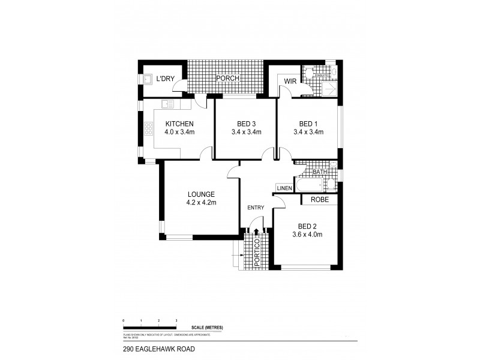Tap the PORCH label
[x=228, y=79]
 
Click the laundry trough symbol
[x=148, y=79]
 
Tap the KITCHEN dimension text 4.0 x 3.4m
[x=180, y=133]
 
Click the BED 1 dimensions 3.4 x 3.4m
[x=308, y=133]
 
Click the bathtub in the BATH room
[x=312, y=182]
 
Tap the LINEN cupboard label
[x=284, y=188]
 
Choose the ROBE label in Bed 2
[x=319, y=200]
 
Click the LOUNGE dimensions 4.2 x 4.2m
[x=201, y=203]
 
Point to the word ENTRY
[x=256, y=208]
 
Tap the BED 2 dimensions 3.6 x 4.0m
[x=307, y=235]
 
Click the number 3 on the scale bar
[x=176, y=322]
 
